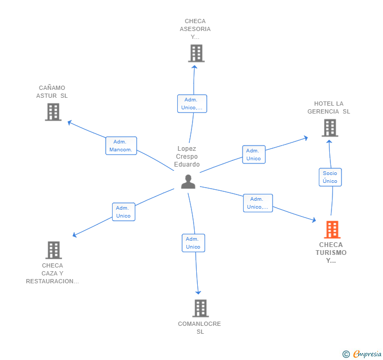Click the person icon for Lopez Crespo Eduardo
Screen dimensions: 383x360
188,182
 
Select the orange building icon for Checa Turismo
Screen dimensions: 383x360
332,230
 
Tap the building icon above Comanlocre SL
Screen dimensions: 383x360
200,308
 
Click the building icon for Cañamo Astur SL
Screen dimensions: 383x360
53,112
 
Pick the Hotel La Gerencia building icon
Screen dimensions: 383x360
330,128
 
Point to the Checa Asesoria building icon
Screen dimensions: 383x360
196,53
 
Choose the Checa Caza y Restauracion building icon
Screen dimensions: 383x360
54,250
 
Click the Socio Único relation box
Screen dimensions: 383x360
330,177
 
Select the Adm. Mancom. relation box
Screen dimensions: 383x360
121,146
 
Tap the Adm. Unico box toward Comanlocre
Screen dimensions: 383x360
194,243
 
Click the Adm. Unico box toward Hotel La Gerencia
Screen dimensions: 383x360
254,155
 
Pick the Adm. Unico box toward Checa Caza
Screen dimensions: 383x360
124,212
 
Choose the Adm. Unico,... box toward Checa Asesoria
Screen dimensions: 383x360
192,104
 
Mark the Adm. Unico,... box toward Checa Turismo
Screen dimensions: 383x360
258,203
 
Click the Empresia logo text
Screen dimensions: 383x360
367,354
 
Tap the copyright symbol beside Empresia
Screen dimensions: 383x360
346,354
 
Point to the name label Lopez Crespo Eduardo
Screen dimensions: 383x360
187,157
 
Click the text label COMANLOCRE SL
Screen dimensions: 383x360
199,328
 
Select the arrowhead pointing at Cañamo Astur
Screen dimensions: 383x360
69,122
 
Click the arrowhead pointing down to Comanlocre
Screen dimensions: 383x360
198,292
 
